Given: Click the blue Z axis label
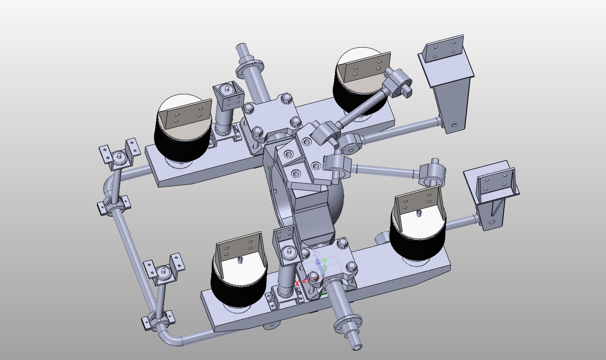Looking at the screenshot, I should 316,253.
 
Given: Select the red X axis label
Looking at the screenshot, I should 297,283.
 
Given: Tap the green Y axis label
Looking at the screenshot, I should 324,261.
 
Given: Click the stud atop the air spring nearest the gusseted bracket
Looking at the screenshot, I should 419,212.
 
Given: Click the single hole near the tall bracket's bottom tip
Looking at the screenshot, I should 453,125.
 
